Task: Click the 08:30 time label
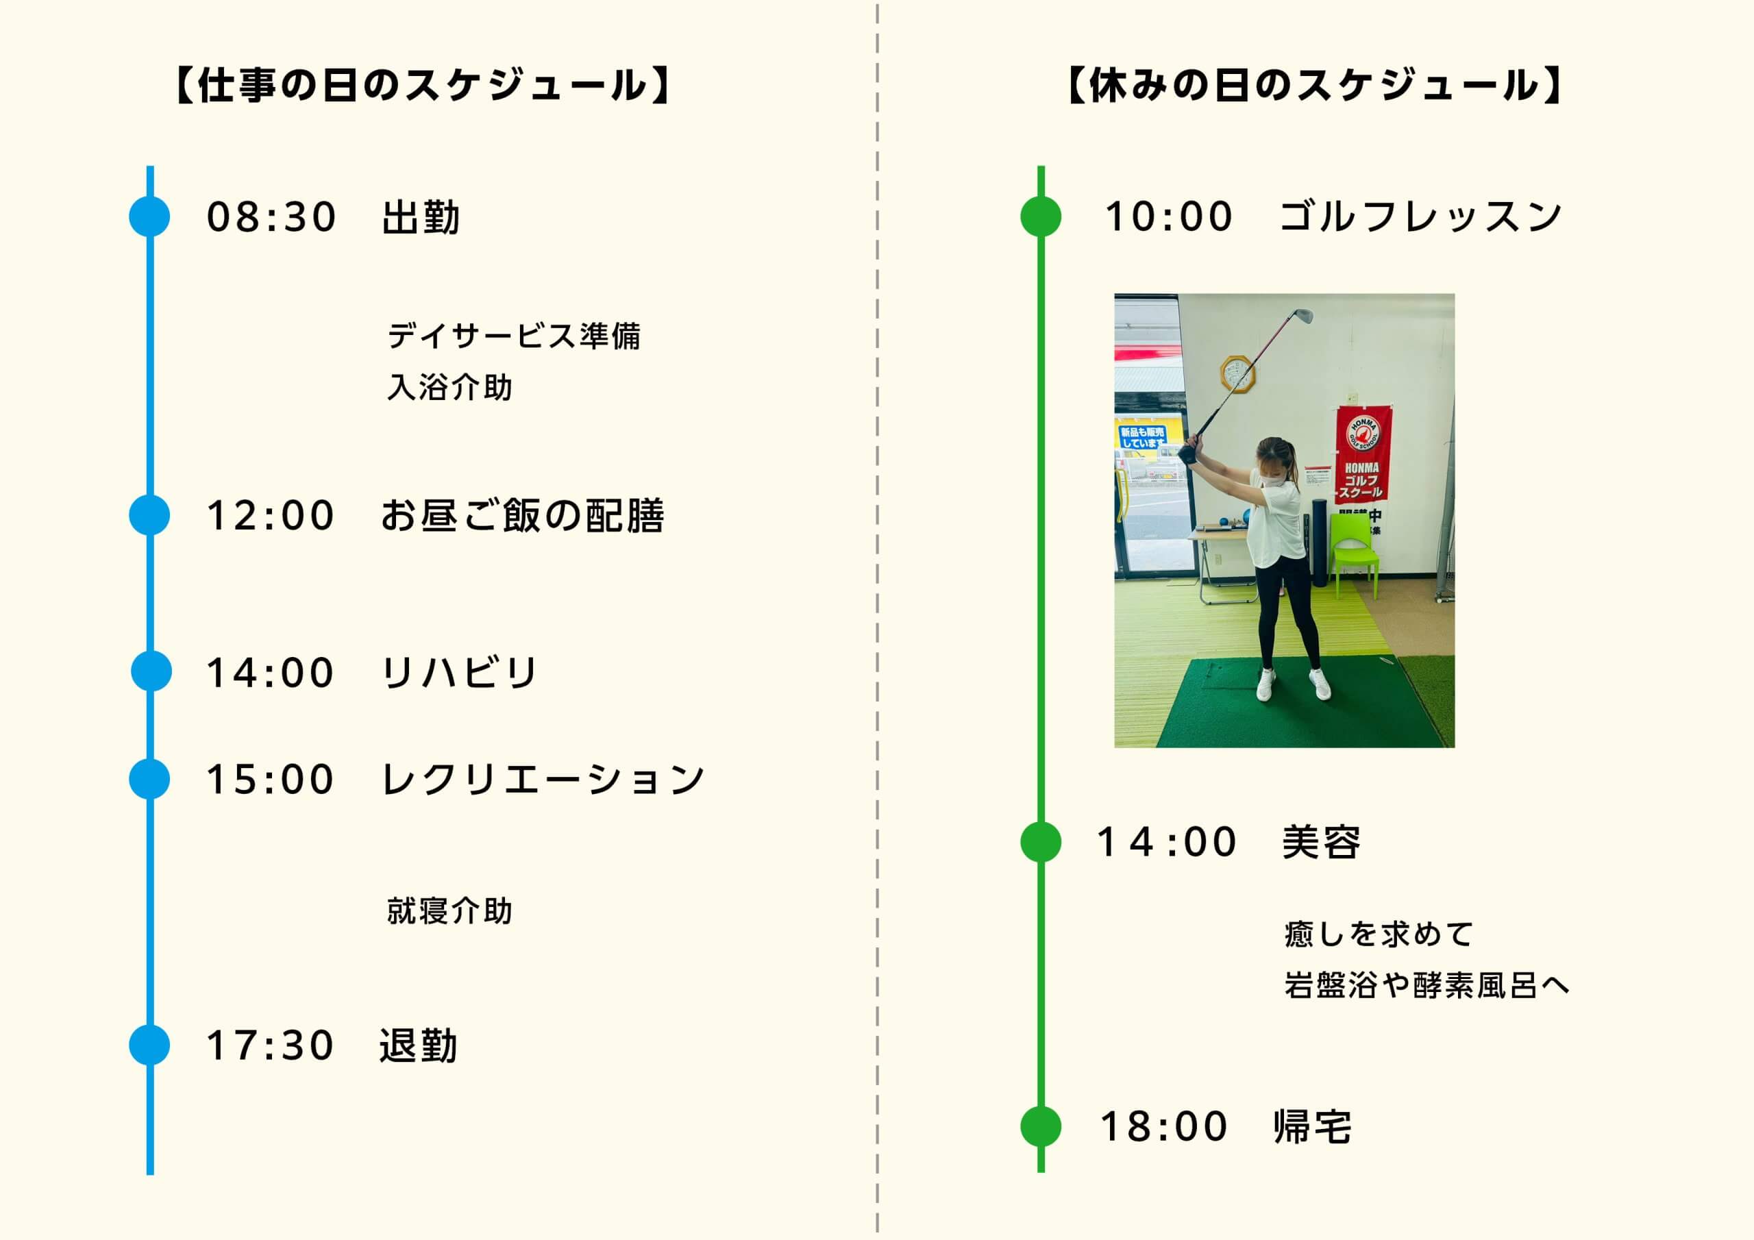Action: tap(271, 217)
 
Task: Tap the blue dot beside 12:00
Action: tap(150, 514)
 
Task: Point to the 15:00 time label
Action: tap(271, 780)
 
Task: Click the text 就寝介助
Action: tap(449, 910)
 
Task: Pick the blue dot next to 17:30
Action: tap(150, 1045)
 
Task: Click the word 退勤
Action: tap(419, 1045)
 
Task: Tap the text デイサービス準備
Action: tap(514, 336)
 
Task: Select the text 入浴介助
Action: tap(449, 386)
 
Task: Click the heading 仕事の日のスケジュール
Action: tap(423, 85)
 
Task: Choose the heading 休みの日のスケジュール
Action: tap(1314, 85)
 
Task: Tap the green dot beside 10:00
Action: tap(1041, 216)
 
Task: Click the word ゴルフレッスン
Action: tap(1421, 216)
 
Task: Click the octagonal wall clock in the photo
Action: tap(1237, 373)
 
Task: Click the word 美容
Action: tap(1321, 842)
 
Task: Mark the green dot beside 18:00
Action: tap(1041, 1126)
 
